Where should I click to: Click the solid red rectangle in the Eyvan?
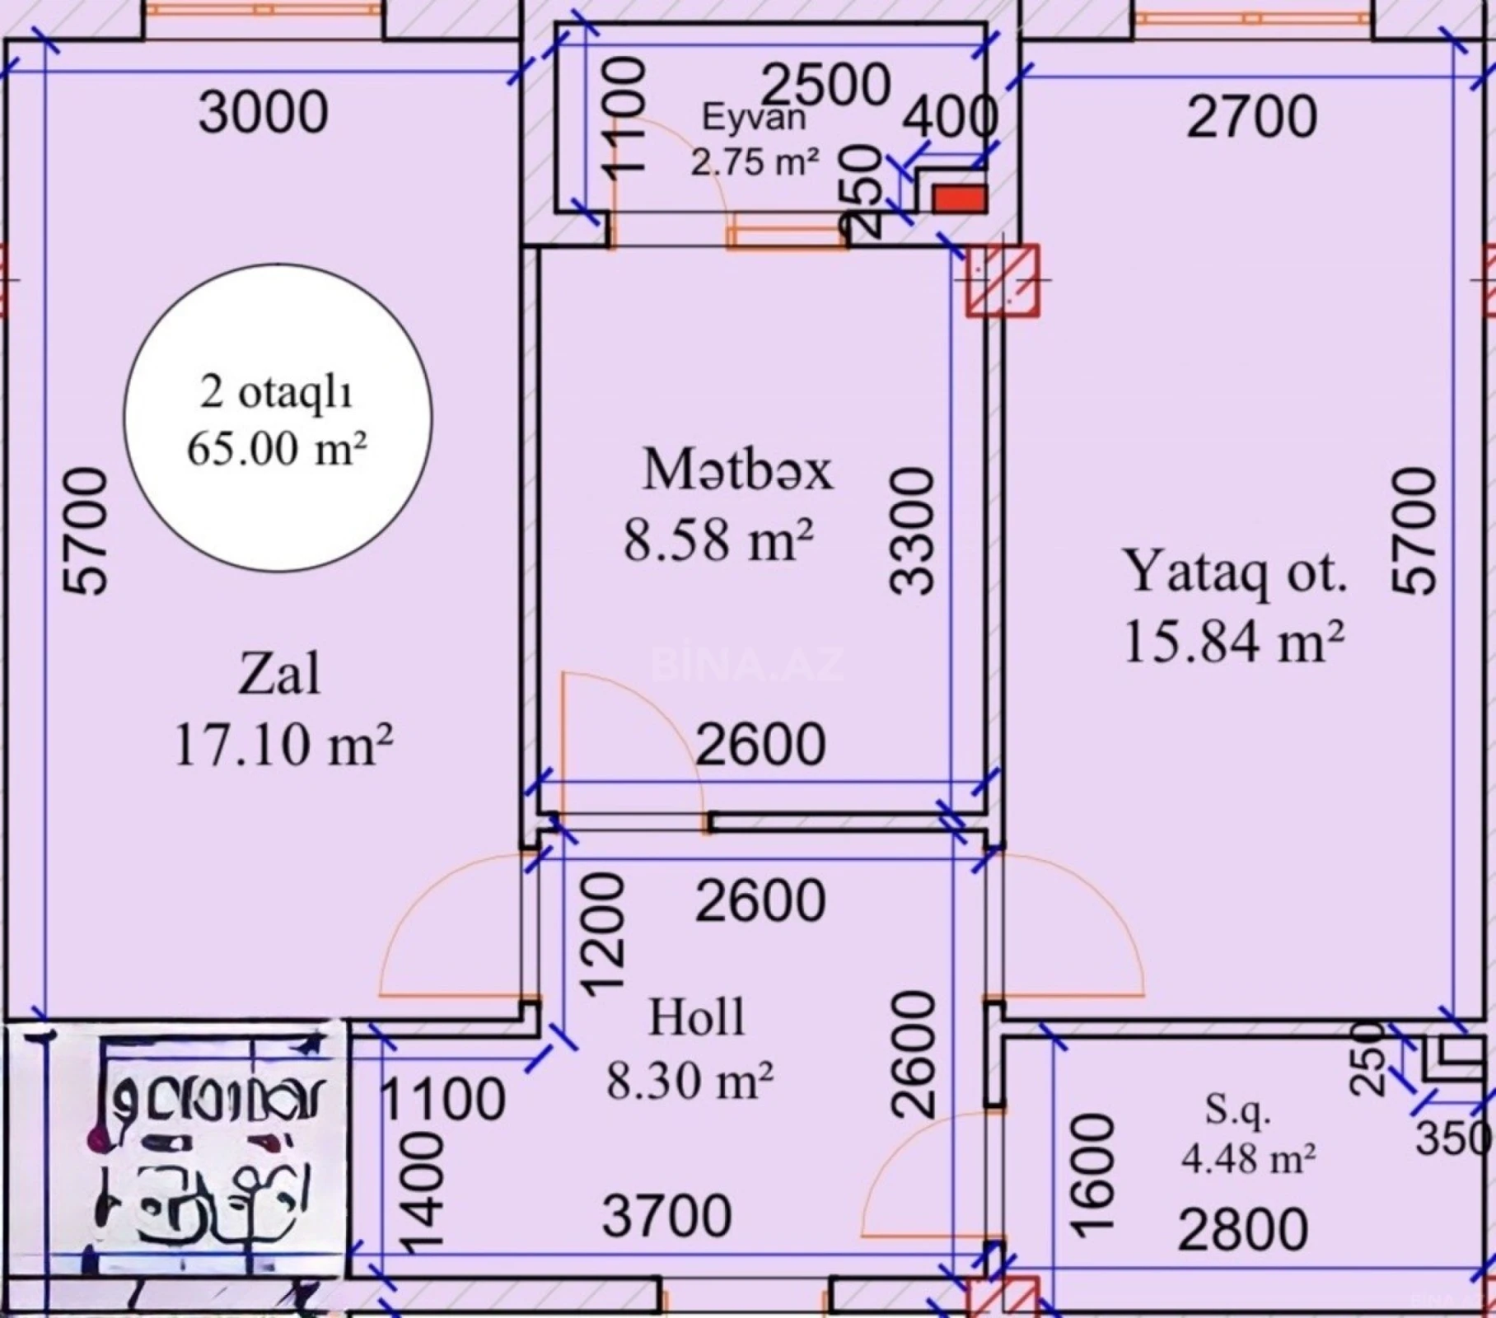959,199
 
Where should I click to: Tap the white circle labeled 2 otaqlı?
278,418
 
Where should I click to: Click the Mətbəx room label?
737,470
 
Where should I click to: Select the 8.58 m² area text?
718,540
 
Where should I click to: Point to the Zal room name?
278,675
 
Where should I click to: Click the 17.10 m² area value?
283,745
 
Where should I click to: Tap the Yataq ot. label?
1235,572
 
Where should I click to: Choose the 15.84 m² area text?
1233,642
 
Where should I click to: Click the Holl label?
696,1017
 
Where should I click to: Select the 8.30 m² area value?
690,1081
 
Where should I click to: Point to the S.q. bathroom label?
1237,1110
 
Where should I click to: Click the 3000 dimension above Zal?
263,113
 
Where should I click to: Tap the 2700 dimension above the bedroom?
1251,117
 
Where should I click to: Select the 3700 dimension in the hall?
666,1216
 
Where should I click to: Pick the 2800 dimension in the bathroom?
1242,1230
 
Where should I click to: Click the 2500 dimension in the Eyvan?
825,85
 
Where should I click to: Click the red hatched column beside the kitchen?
1002,280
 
